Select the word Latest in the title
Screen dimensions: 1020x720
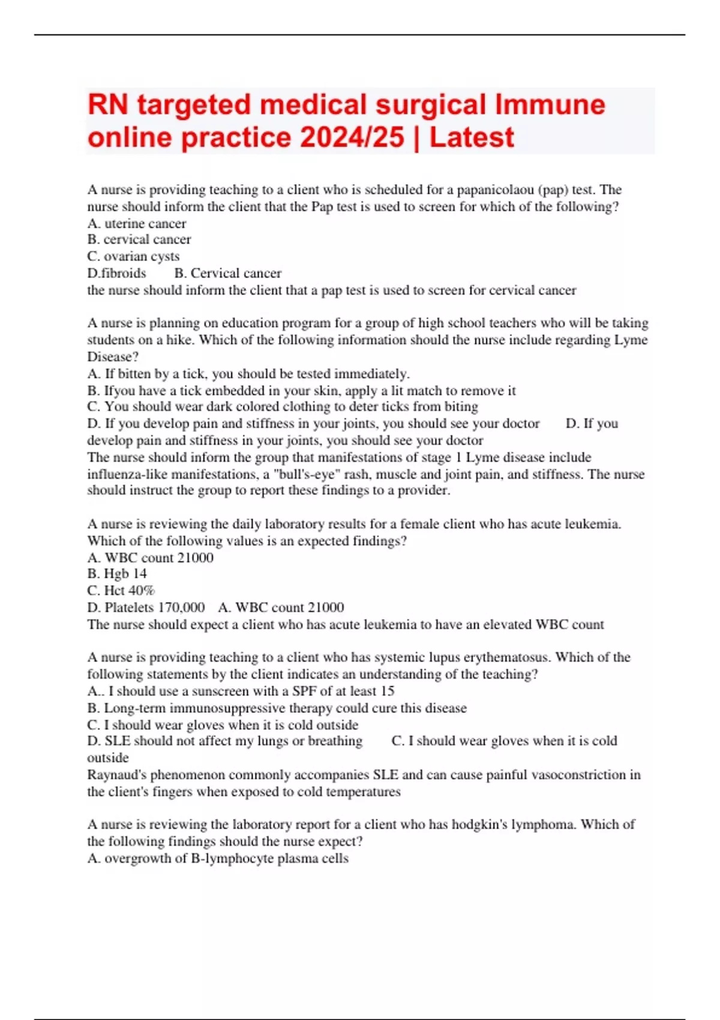pyautogui.click(x=472, y=137)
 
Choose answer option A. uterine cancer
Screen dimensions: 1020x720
pyautogui.click(x=137, y=223)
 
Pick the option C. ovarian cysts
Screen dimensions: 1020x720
pyautogui.click(x=133, y=256)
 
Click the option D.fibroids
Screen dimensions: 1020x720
pyautogui.click(x=116, y=273)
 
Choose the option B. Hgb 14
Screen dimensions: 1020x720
pyautogui.click(x=117, y=574)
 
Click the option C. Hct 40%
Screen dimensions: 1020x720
pyautogui.click(x=121, y=590)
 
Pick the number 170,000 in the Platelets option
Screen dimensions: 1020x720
pyautogui.click(x=181, y=607)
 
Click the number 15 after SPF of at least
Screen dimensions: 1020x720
pyautogui.click(x=387, y=691)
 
